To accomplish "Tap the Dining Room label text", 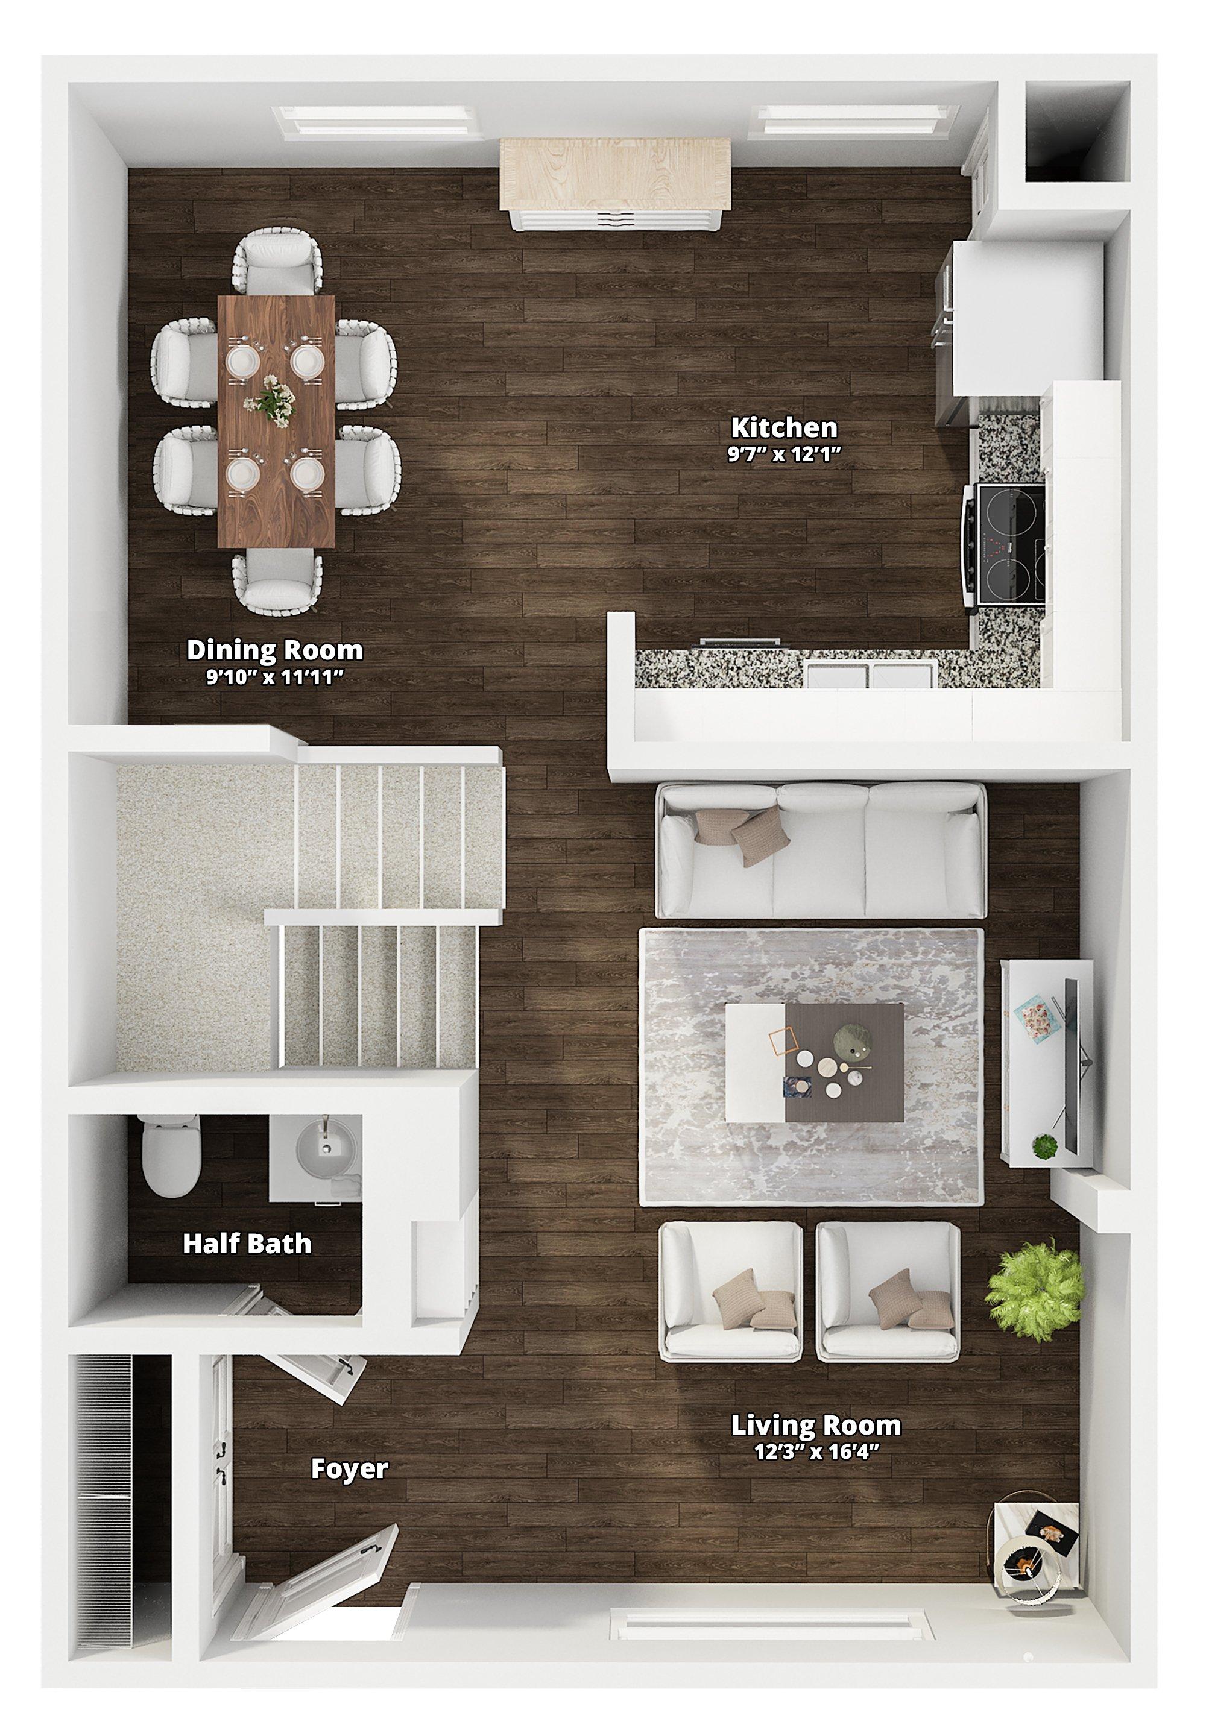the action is (x=275, y=650).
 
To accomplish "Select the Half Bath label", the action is (x=247, y=1244).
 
